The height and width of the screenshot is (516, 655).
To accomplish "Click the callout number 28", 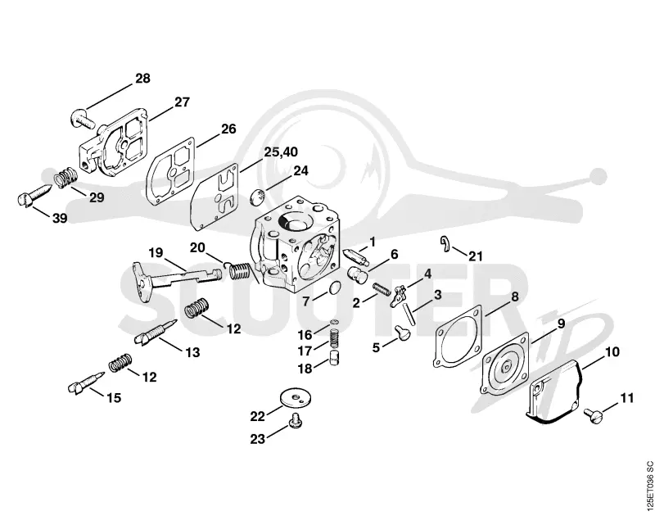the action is (142, 78).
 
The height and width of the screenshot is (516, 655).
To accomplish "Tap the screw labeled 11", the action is (594, 416).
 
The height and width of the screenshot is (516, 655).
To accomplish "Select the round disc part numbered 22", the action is (296, 398).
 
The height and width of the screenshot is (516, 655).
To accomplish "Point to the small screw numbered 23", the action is (296, 419).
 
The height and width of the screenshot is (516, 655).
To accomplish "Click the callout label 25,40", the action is (281, 152).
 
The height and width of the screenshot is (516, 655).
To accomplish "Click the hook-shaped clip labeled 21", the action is (445, 243).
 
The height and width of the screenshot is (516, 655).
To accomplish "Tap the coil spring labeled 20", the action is (238, 271).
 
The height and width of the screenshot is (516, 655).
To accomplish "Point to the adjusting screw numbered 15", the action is (85, 382).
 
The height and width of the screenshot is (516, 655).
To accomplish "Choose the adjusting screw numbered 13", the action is (155, 332).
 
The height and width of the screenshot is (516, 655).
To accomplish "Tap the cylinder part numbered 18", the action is (334, 358).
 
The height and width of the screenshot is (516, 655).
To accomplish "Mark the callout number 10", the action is (612, 352).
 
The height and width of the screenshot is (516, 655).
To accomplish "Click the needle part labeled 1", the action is (355, 257).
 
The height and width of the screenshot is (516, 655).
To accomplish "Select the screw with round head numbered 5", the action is (402, 332).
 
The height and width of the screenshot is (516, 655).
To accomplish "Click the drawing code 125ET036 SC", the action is (648, 487).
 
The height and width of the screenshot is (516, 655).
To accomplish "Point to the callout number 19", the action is (156, 253).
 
